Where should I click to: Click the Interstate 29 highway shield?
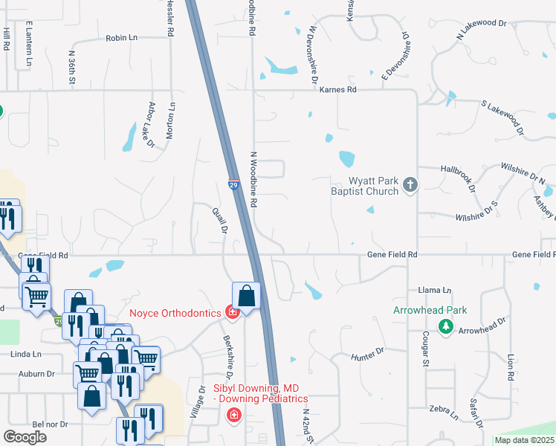click(233, 184)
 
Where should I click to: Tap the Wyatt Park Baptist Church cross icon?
click(410, 184)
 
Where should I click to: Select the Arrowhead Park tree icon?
click(446, 326)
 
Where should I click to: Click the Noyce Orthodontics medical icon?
click(232, 313)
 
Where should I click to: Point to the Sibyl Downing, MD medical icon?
click(234, 414)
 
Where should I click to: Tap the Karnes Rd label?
click(338, 89)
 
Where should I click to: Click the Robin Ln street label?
click(122, 38)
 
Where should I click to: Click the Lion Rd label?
click(511, 367)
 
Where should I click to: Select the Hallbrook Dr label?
click(457, 179)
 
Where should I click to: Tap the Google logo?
click(25, 437)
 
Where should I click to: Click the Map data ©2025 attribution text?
click(524, 440)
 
